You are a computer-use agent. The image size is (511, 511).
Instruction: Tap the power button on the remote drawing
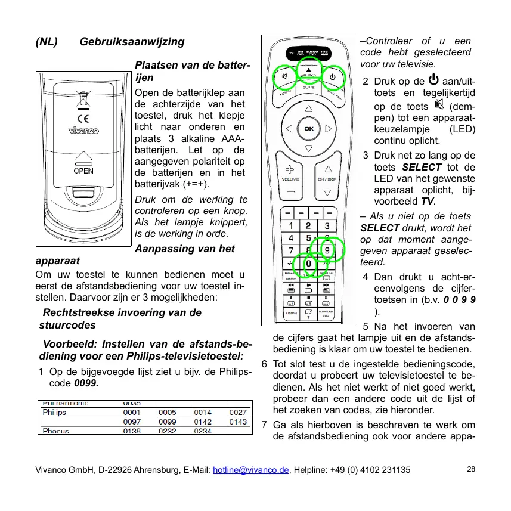(x=333, y=77)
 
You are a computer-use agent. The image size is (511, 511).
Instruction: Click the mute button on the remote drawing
(x=286, y=77)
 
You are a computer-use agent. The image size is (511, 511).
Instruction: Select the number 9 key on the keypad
(x=327, y=250)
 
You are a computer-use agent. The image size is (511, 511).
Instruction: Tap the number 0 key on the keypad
(x=308, y=263)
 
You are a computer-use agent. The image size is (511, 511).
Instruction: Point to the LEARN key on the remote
(x=292, y=314)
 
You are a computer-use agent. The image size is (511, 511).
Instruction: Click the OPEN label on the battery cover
(x=83, y=170)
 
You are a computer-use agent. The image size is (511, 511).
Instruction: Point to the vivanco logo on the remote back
(x=83, y=131)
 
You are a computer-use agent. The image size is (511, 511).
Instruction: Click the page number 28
(x=471, y=469)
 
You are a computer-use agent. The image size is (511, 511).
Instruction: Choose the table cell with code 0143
(x=239, y=422)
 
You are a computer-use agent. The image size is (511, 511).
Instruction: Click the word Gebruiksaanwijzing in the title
(x=132, y=42)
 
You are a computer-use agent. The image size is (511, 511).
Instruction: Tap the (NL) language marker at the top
(x=47, y=42)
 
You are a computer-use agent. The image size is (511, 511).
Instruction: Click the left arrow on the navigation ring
(x=289, y=128)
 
